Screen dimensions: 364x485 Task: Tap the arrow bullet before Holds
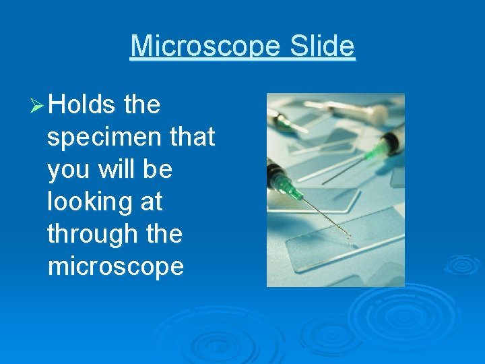37,106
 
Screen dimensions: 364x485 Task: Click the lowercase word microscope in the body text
116,267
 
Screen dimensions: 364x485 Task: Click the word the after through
165,235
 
